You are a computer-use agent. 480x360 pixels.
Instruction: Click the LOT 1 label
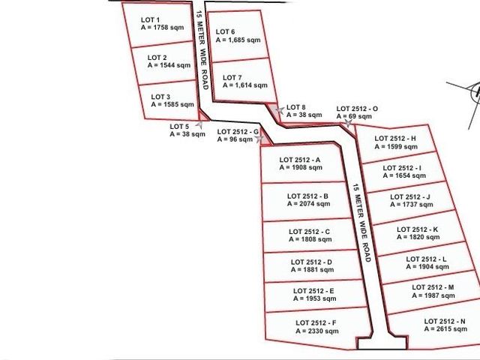[x=150, y=20]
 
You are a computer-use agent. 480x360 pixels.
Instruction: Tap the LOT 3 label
[x=160, y=97]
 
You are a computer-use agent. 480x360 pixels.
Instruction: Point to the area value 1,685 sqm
[x=243, y=40]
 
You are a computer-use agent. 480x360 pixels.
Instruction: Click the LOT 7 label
[x=232, y=78]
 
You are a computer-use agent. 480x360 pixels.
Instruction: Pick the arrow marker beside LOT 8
[x=280, y=110]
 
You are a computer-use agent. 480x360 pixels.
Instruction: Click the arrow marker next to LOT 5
[x=199, y=124]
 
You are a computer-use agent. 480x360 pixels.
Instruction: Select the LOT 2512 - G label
[x=238, y=132]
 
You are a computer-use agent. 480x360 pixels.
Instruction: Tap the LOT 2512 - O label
[x=357, y=109]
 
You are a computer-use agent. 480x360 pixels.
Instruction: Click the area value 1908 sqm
[x=307, y=167]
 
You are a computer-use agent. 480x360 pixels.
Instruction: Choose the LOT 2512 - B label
[x=307, y=196]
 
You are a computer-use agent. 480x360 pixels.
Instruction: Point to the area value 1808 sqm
[x=316, y=239]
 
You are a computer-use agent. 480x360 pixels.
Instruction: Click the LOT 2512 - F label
[x=316, y=323]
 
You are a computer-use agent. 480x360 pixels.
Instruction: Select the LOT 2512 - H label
[x=395, y=139]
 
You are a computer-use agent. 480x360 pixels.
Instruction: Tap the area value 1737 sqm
[x=418, y=205]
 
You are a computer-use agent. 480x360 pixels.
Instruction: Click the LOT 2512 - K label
[x=417, y=229]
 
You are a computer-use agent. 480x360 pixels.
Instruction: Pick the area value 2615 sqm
[x=451, y=329]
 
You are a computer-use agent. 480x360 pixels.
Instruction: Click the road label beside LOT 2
[x=202, y=50]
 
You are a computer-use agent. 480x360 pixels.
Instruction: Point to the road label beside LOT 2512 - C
[x=361, y=223]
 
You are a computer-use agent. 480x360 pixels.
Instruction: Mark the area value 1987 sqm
[x=439, y=295]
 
